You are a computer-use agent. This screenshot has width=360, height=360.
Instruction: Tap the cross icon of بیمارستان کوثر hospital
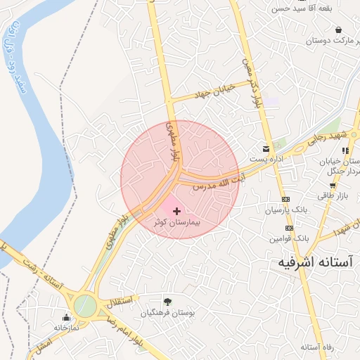tap(176, 211)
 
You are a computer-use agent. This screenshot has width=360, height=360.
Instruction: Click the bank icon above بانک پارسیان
tap(286, 199)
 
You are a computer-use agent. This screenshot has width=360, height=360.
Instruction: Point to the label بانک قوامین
tap(288, 239)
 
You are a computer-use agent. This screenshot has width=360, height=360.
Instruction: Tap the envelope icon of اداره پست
tap(266, 148)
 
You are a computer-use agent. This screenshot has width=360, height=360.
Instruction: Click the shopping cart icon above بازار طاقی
tap(333, 186)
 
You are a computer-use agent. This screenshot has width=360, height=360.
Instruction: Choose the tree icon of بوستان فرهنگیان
tap(167, 302)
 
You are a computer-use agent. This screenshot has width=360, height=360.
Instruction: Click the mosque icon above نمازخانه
tap(66, 317)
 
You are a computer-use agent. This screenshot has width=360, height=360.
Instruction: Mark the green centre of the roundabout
tap(84, 305)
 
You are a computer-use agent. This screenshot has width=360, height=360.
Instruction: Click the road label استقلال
tap(117, 302)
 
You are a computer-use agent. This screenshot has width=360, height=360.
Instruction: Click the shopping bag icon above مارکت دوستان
tap(340, 30)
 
